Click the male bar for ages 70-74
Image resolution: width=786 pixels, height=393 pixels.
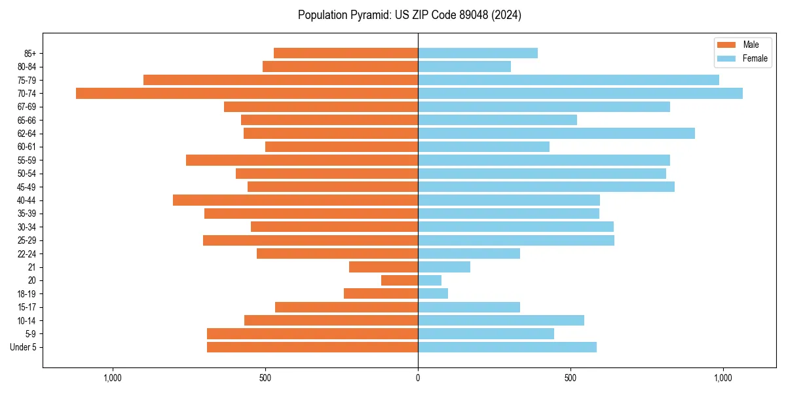247,93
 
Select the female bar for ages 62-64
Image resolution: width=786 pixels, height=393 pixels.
556,134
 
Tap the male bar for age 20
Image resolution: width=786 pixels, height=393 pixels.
400,280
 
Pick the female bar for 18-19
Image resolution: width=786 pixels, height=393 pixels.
433,293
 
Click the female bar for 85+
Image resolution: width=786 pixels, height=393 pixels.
477,53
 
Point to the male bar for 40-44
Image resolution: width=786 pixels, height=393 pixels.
295,200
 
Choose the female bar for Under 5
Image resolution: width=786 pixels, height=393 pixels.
507,347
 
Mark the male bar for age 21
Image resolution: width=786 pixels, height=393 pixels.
383,267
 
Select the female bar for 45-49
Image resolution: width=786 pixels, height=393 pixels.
546,187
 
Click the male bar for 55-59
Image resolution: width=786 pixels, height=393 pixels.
302,160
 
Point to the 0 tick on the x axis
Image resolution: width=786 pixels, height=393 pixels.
418,378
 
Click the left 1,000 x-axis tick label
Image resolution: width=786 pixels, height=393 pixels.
113,378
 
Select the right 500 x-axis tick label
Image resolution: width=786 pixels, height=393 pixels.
571,378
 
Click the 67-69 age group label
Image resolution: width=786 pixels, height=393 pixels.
27,107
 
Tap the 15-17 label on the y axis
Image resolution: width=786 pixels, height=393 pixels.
27,307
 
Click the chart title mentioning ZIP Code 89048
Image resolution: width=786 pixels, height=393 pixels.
409,15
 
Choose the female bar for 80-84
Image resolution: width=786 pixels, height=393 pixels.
464,66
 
